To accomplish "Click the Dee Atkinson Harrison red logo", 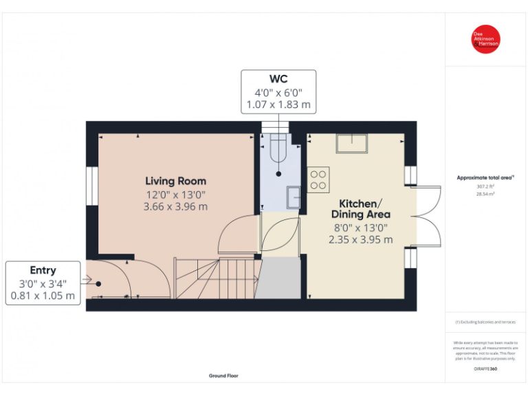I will click(485, 39).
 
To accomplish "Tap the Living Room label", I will click(175, 181).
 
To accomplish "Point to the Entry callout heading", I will click(43, 270).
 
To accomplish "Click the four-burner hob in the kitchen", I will click(318, 179).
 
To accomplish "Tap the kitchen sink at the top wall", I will click(351, 144).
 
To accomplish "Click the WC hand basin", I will click(294, 196).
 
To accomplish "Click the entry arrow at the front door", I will click(87, 279).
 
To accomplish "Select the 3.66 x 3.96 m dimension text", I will click(175, 206).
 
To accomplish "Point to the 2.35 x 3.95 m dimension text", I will click(360, 239).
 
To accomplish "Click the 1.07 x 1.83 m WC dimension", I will click(278, 105).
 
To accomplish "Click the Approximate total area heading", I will click(485, 177).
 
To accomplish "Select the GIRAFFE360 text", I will click(485, 370).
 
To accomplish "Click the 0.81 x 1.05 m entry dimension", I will click(43, 296).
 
